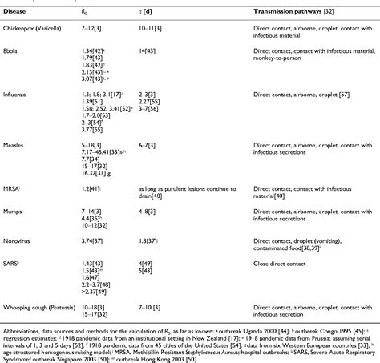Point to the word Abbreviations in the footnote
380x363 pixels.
point(22,327)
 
